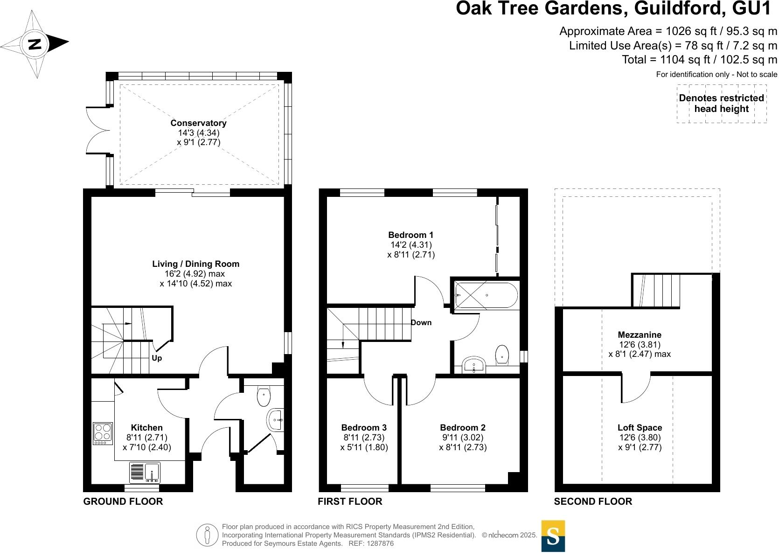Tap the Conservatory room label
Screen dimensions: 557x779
tap(198, 123)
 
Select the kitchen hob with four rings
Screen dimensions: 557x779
tap(103, 433)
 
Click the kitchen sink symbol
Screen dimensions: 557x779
tap(145, 473)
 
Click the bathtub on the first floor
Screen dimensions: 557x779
tap(486, 295)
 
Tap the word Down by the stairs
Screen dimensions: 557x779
tap(421, 323)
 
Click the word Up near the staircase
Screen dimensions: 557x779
tap(157, 358)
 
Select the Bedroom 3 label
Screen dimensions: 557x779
tap(364, 428)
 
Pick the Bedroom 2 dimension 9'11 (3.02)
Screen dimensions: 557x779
tap(462, 438)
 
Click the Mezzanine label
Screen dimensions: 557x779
tap(640, 335)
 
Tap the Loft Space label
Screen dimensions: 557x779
tap(640, 428)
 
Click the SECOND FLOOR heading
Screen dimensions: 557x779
tap(592, 501)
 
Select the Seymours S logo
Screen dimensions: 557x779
tap(553, 536)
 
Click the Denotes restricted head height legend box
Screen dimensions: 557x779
tap(721, 104)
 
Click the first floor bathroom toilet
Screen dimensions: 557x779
tap(502, 355)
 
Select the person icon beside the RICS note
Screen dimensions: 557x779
tap(207, 535)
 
